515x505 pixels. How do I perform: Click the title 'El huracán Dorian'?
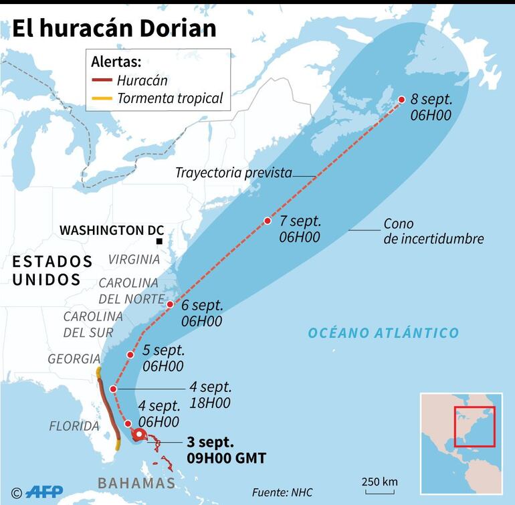(x=114, y=27)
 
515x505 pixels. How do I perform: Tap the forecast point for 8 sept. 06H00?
(x=401, y=100)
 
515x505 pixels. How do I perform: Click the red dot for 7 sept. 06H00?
(x=268, y=221)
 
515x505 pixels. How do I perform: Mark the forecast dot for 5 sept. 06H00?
(x=131, y=355)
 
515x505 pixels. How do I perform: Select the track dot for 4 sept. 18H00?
(x=114, y=389)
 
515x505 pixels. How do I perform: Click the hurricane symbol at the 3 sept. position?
(x=138, y=435)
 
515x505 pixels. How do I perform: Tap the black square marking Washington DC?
(x=159, y=241)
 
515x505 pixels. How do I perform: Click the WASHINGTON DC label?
(x=112, y=229)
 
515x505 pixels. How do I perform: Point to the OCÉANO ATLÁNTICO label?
(x=383, y=332)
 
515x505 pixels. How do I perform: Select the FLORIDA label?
(x=74, y=426)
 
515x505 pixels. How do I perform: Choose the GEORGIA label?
(x=74, y=359)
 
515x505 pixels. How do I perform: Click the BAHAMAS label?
(x=136, y=483)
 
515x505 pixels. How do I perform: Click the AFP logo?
(x=44, y=492)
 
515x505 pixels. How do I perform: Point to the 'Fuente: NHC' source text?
(x=282, y=492)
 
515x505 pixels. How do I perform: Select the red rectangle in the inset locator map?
(x=474, y=426)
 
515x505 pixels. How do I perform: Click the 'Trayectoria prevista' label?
(x=233, y=173)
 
